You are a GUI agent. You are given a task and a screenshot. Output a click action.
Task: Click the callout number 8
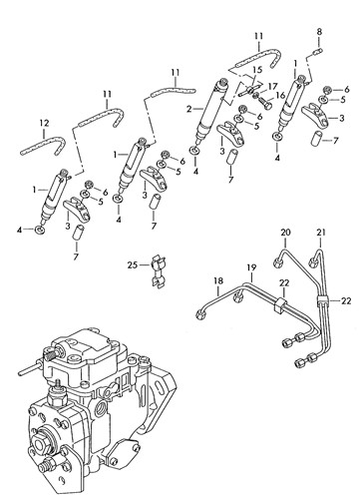pyautogui.click(x=319, y=32)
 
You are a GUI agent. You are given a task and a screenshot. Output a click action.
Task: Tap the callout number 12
pyautogui.click(x=44, y=123)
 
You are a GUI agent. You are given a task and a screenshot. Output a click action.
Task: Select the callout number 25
pyautogui.click(x=132, y=265)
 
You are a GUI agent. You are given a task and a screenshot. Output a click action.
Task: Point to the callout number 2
pyautogui.click(x=188, y=109)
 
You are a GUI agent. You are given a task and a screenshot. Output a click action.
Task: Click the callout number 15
pyautogui.click(x=257, y=70)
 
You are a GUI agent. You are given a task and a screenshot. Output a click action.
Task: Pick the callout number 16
pyautogui.click(x=280, y=96)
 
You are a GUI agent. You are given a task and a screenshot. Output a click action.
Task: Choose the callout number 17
pyautogui.click(x=272, y=87)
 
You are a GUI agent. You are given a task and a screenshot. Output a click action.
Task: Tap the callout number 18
pyautogui.click(x=218, y=280)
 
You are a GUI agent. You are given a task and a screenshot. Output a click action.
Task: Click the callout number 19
pyautogui.click(x=251, y=267)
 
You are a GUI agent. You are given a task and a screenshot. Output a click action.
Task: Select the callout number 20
pyautogui.click(x=285, y=233)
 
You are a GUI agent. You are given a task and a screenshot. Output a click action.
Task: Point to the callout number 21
pyautogui.click(x=321, y=233)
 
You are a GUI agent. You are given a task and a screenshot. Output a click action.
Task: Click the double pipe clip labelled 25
pyautogui.click(x=158, y=272)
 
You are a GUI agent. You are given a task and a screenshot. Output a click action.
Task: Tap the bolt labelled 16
pyautogui.click(x=265, y=103)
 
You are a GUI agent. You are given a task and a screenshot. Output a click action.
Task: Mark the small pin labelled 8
pyautogui.click(x=318, y=51)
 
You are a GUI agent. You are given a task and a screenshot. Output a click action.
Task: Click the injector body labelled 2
pyautogui.click(x=212, y=110)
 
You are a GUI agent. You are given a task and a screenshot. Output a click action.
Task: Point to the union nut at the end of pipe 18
pyautogui.click(x=199, y=315)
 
